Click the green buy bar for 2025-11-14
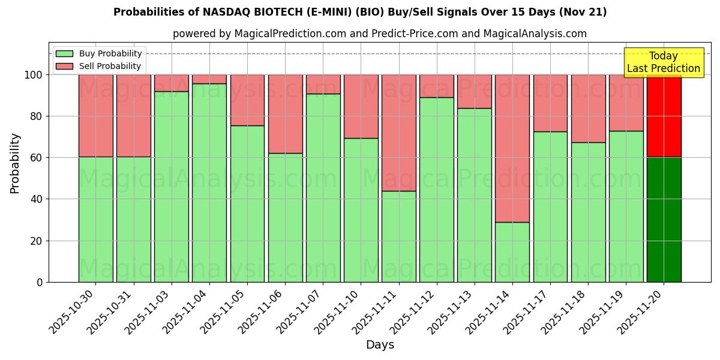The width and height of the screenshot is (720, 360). (x=512, y=252)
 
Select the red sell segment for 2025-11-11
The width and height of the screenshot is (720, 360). (x=399, y=133)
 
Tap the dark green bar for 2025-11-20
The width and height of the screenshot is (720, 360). (x=664, y=220)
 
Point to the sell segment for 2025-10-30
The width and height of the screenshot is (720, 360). (x=96, y=116)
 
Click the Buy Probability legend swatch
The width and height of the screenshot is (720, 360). (x=64, y=53)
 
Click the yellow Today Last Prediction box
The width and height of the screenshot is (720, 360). (x=664, y=62)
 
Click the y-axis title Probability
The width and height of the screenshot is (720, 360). (x=15, y=163)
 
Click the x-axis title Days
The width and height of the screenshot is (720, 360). (x=380, y=345)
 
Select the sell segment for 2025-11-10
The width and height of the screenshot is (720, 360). (x=361, y=106)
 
